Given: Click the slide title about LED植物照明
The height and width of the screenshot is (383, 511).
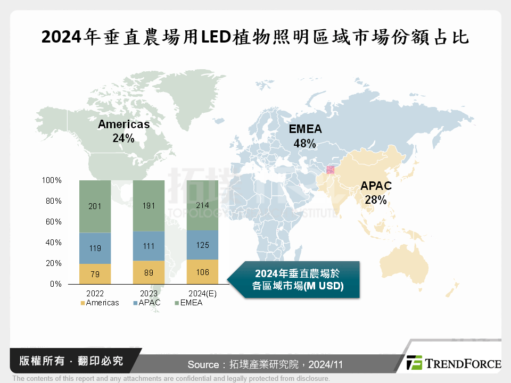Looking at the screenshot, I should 256,37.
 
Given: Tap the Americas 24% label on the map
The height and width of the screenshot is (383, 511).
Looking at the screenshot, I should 123,131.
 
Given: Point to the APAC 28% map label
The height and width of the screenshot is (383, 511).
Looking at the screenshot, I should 376,193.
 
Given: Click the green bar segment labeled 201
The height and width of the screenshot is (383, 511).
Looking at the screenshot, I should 95,206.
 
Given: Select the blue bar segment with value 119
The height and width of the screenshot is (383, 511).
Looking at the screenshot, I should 95,248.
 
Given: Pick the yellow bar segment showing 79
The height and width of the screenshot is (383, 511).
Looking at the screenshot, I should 95,273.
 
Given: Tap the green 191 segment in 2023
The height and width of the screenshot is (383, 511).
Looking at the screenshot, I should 149,206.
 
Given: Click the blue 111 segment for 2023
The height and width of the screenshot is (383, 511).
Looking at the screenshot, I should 149,246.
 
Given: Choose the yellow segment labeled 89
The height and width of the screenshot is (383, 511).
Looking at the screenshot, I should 149,272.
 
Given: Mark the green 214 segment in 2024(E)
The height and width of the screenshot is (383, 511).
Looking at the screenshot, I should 202,205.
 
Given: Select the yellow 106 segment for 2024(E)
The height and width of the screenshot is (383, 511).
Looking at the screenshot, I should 202,271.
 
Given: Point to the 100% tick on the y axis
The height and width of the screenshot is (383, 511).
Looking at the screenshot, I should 52,181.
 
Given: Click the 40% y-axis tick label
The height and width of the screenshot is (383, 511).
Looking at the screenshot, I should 52,243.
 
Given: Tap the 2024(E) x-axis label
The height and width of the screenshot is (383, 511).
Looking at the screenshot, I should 202,294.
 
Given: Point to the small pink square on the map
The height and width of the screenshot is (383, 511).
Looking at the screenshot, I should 330,170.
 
